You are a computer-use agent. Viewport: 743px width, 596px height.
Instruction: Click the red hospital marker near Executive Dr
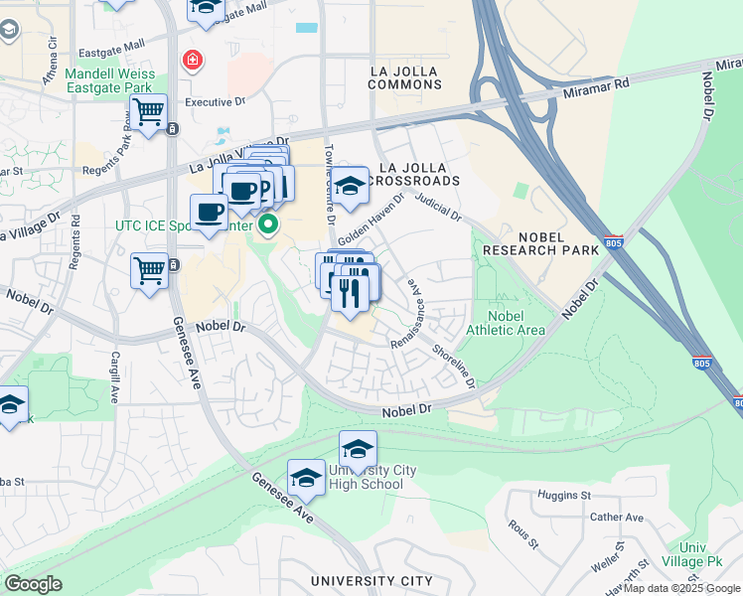pyautogui.click(x=191, y=62)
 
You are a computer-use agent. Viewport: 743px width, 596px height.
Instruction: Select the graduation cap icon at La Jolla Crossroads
pyautogui.click(x=350, y=186)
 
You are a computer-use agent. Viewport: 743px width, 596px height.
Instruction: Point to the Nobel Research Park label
pyautogui.click(x=540, y=242)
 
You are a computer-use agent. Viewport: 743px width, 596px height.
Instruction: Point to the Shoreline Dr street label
pyautogui.click(x=453, y=367)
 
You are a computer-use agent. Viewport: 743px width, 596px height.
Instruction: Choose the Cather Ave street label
pyautogui.click(x=616, y=518)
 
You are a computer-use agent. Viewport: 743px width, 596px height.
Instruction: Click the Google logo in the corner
pyautogui.click(x=33, y=584)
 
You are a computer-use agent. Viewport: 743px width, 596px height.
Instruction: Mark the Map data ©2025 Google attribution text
pyautogui.click(x=681, y=588)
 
